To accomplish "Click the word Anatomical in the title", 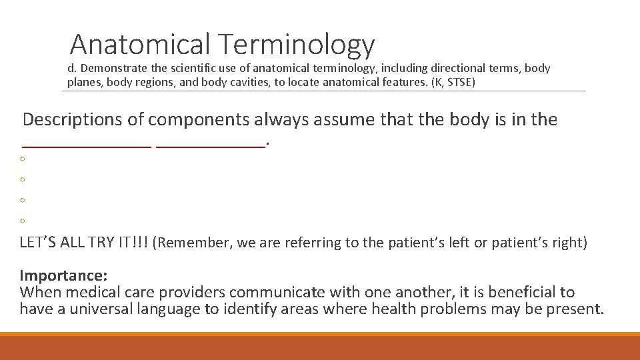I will pyautogui.click(x=139, y=44).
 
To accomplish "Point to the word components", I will pyautogui.click(x=194, y=121).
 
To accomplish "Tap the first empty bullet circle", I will pyautogui.click(x=23, y=159).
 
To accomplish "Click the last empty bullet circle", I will pyautogui.click(x=23, y=221).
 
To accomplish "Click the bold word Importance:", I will pyautogui.click(x=64, y=275).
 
